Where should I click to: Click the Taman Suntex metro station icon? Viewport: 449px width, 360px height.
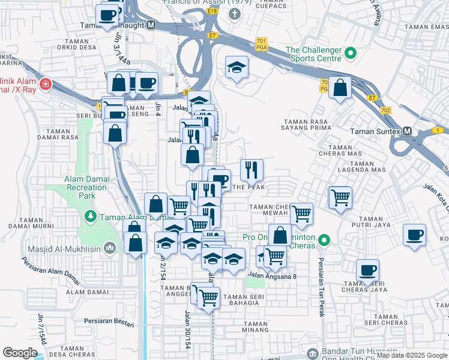(x=407, y=131)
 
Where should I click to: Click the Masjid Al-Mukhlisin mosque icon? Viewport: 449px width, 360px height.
(x=109, y=247)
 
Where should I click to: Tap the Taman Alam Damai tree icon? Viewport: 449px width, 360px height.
(x=90, y=217)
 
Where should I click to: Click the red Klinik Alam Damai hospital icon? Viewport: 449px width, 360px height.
(x=46, y=85)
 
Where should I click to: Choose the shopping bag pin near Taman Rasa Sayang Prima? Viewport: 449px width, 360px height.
(x=340, y=88)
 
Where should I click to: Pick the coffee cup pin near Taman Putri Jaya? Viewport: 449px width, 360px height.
(x=414, y=235)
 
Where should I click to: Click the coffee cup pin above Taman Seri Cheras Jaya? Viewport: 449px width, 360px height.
(x=367, y=271)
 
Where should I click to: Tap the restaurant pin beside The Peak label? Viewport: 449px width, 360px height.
(x=252, y=170)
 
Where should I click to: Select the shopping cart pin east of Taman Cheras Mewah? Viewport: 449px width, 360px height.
(x=340, y=196)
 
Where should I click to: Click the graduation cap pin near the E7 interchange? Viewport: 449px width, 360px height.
(x=237, y=67)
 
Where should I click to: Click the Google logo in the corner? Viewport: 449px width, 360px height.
(x=20, y=353)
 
